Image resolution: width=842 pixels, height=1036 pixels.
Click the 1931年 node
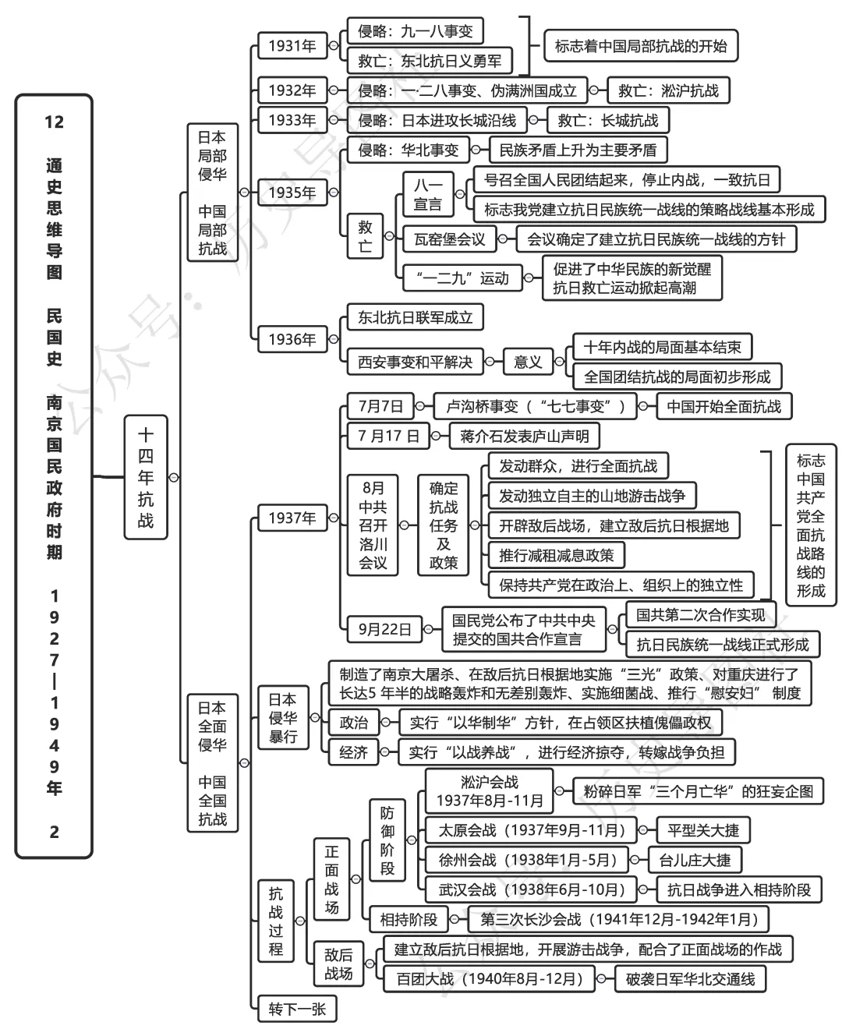pyautogui.click(x=292, y=46)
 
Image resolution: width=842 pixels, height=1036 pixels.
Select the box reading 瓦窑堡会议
pyautogui.click(x=449, y=239)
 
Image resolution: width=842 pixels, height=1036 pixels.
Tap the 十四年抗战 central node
pyautogui.click(x=146, y=477)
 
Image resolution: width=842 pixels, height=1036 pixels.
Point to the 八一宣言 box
pyautogui.click(x=427, y=195)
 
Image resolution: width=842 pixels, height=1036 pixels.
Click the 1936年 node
pyautogui.click(x=292, y=339)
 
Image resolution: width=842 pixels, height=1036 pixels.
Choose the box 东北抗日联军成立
pyautogui.click(x=415, y=317)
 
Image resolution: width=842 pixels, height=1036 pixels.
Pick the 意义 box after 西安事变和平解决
pyautogui.click(x=528, y=362)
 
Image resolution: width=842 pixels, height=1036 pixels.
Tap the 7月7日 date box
pyautogui.click(x=380, y=406)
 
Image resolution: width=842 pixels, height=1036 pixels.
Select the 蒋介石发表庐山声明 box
pyautogui.click(x=524, y=437)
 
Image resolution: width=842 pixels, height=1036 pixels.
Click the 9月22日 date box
pyautogui.click(x=384, y=629)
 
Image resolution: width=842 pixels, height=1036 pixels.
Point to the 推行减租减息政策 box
pyautogui.click(x=557, y=556)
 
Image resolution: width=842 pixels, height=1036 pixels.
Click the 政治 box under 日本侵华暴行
pyautogui.click(x=353, y=723)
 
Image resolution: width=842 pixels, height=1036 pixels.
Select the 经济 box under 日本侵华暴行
pyautogui.click(x=353, y=752)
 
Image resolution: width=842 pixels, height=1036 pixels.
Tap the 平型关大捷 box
pyautogui.click(x=702, y=830)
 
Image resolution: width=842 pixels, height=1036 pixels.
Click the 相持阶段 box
pyautogui.click(x=409, y=920)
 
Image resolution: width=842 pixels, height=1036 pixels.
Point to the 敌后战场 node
pyautogui.click(x=338, y=964)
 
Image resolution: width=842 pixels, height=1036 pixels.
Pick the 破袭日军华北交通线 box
pyautogui.click(x=690, y=979)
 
